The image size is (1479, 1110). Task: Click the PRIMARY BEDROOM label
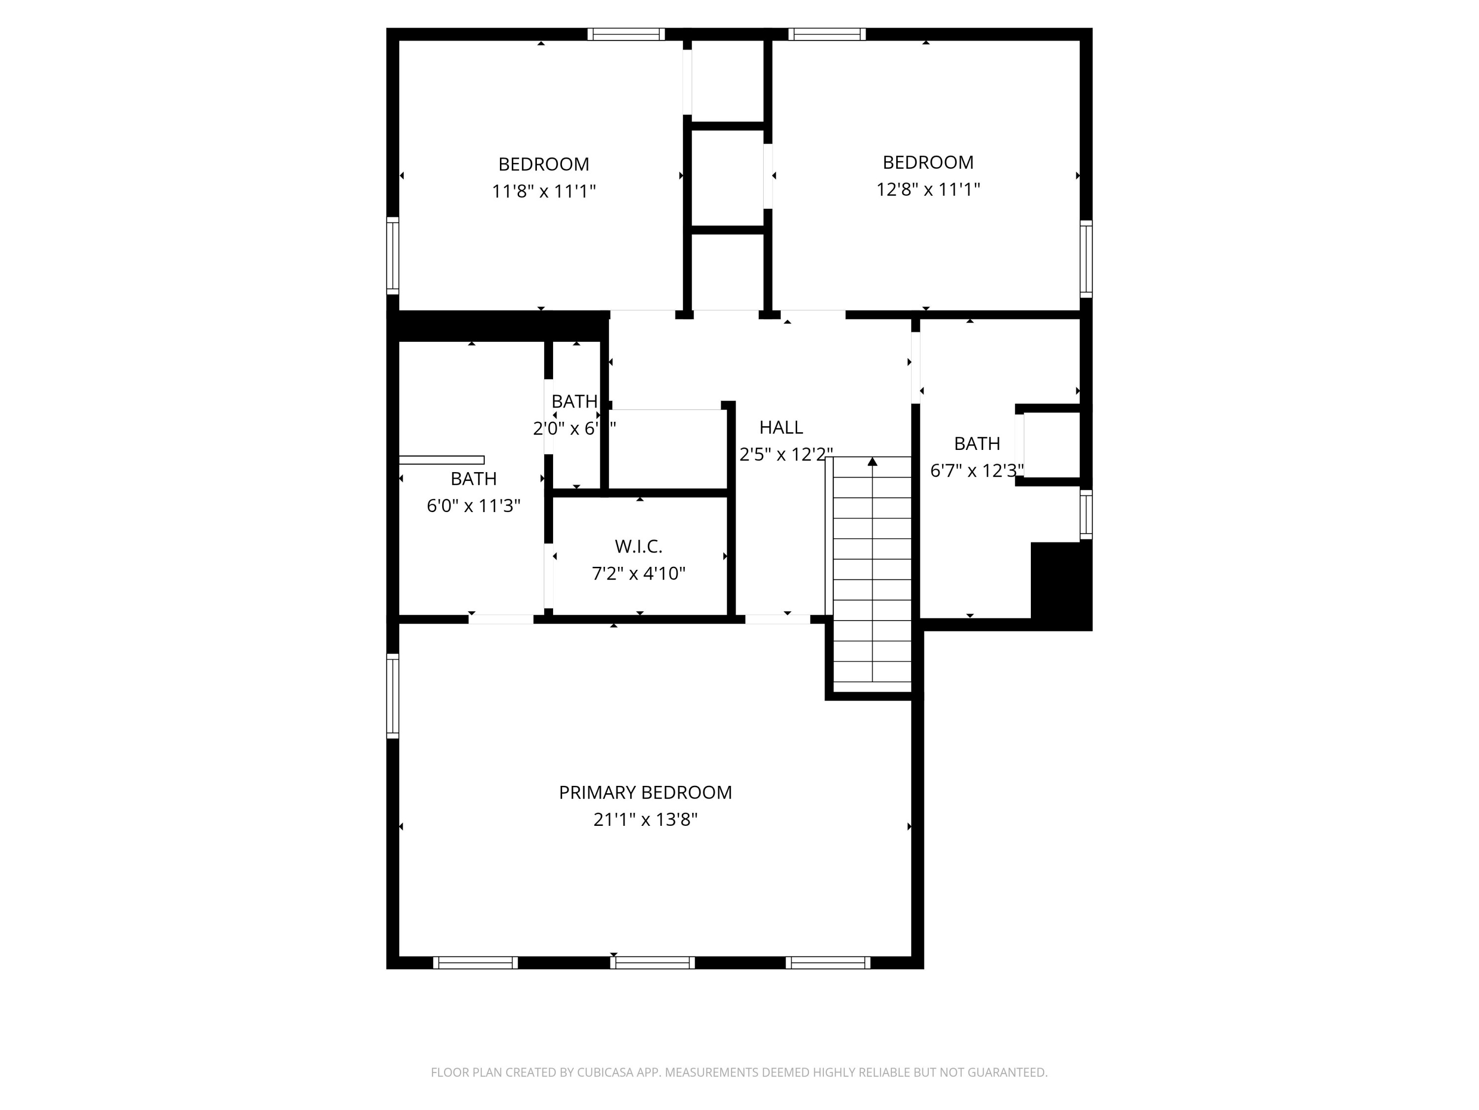click(645, 792)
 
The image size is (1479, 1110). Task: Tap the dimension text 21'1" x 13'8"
click(645, 819)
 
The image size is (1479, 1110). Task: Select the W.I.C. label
click(638, 547)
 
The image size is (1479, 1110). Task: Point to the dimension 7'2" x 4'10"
click(638, 573)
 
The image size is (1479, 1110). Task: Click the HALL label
click(781, 427)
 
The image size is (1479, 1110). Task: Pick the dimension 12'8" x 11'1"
click(928, 189)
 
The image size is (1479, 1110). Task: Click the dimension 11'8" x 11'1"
click(544, 191)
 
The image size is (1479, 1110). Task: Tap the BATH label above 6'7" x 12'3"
click(977, 444)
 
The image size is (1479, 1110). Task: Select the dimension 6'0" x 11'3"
click(473, 506)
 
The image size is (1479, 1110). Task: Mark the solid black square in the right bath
click(1060, 584)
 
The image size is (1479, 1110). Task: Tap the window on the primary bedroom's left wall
click(392, 696)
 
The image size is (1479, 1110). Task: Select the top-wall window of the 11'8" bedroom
click(626, 34)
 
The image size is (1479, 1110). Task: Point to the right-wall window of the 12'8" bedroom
click(1087, 259)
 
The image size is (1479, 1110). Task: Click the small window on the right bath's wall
click(1087, 515)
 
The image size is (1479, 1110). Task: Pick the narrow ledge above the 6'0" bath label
click(441, 460)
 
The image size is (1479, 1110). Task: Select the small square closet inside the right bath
click(1050, 445)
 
